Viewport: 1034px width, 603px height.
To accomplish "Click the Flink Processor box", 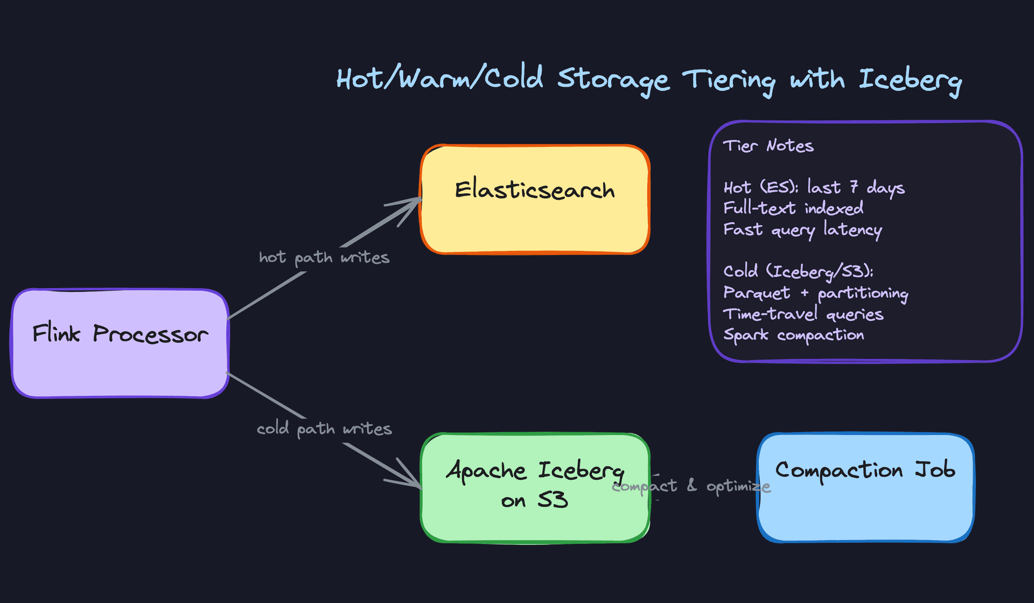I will pyautogui.click(x=120, y=343).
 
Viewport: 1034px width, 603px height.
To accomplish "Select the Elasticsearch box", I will pyautogui.click(x=535, y=199).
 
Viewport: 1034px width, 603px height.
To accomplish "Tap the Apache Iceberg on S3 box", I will pyautogui.click(x=535, y=487).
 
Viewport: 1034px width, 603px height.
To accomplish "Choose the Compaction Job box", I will pyautogui.click(x=865, y=487).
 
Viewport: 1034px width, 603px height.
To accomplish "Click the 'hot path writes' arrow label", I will pyautogui.click(x=324, y=258).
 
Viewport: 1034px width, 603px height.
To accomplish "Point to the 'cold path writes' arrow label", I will pyautogui.click(x=324, y=429).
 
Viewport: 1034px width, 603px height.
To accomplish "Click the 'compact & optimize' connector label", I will pyautogui.click(x=691, y=486).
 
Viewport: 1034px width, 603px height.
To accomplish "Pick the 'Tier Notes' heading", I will pyautogui.click(x=768, y=146).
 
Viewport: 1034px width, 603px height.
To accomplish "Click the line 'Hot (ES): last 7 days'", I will pyautogui.click(x=814, y=187).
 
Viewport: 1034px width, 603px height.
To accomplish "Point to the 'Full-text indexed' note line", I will pyautogui.click(x=793, y=208).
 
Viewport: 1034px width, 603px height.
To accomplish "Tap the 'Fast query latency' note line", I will pyautogui.click(x=802, y=230).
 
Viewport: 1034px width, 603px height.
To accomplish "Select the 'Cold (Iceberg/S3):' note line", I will pyautogui.click(x=798, y=272).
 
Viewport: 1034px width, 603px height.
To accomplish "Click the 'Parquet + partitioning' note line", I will pyautogui.click(x=815, y=293).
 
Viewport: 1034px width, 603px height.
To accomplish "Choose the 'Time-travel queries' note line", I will pyautogui.click(x=803, y=314).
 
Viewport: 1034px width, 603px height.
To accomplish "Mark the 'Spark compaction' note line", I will pyautogui.click(x=793, y=335).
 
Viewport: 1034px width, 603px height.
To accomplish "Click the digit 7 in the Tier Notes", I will pyautogui.click(x=854, y=187).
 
